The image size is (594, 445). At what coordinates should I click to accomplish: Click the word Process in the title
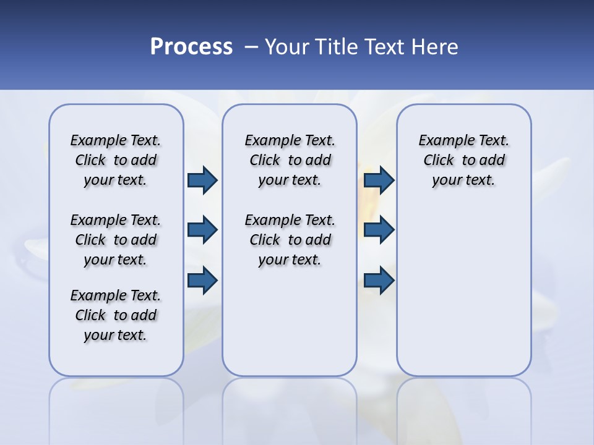click(x=191, y=47)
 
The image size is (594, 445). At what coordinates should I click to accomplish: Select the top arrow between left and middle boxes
click(x=202, y=180)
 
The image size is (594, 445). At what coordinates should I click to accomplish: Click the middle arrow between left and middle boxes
click(x=202, y=230)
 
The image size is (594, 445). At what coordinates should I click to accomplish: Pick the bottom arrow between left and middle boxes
click(x=202, y=281)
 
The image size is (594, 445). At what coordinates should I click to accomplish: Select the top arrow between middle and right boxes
click(x=379, y=180)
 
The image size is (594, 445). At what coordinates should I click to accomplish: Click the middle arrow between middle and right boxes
click(x=379, y=230)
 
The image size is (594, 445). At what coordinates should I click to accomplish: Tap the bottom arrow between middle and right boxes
click(x=379, y=281)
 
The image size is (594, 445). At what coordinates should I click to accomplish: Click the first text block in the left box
click(x=116, y=160)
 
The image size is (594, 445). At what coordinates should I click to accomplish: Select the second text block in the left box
click(x=116, y=240)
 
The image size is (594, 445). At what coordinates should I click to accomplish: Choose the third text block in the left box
click(x=116, y=315)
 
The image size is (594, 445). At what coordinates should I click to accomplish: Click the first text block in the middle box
click(x=290, y=160)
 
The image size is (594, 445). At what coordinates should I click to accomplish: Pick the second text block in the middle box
click(x=290, y=240)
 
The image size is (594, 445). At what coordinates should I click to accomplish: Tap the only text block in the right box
click(x=464, y=160)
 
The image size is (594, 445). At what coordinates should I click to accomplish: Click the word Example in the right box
click(x=441, y=140)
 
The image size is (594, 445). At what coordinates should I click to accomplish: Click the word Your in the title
click(x=286, y=47)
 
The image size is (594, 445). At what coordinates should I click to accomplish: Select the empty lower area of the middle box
click(x=290, y=321)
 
